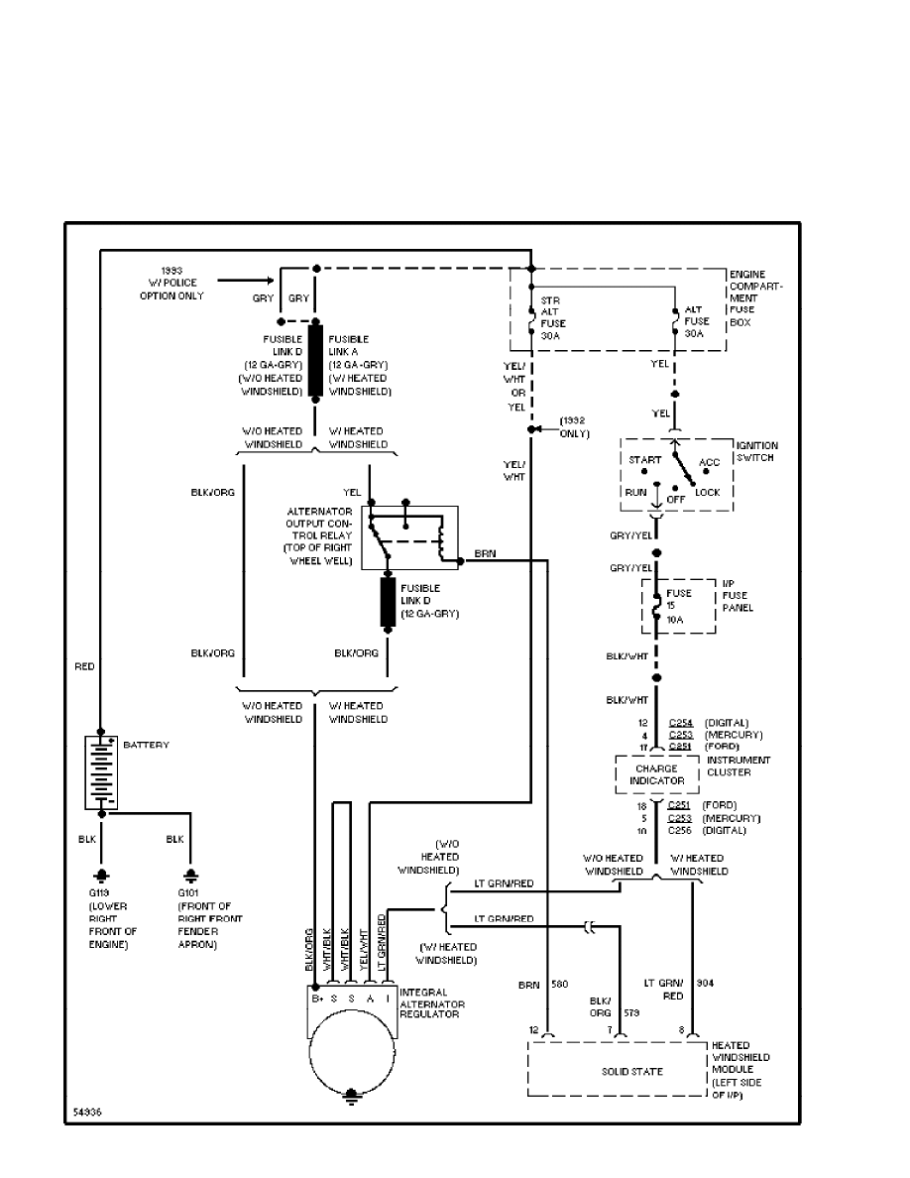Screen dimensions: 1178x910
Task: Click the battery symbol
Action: point(101,772)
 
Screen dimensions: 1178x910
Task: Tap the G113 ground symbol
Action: point(100,877)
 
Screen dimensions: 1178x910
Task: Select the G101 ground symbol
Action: point(189,877)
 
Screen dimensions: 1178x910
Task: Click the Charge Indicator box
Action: point(657,774)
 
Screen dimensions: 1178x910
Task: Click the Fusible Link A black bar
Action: point(315,361)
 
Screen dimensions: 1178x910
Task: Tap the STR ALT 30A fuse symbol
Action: point(532,319)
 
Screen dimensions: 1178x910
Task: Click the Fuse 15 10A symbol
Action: point(655,607)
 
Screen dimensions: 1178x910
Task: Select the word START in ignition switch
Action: point(644,461)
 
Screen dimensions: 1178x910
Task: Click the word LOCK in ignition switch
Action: point(708,492)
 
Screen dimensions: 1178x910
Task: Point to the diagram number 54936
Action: point(86,1113)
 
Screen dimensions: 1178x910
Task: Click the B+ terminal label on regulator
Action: point(317,999)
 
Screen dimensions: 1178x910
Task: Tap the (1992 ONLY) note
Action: point(574,427)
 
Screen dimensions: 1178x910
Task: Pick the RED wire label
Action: point(85,667)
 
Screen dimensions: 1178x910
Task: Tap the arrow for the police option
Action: point(244,282)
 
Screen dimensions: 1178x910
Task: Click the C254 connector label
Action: point(681,723)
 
